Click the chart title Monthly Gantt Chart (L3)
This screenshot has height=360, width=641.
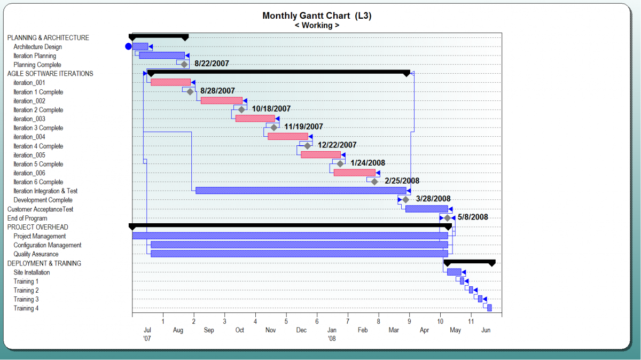[317, 15]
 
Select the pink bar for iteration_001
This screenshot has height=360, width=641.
[170, 82]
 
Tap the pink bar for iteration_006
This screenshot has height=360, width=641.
[354, 173]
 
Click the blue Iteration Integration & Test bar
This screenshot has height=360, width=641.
[301, 191]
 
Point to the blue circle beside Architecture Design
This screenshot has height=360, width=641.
[128, 46]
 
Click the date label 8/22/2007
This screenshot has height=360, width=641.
[212, 64]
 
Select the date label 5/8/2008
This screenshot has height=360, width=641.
[473, 217]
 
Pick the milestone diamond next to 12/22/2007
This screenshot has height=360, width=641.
[308, 145]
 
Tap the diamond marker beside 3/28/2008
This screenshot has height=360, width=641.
[406, 199]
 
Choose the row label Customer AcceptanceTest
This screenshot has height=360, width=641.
[40, 209]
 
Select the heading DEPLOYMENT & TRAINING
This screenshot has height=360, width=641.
[44, 263]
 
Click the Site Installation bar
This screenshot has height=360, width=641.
[454, 272]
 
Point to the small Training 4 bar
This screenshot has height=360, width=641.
[489, 308]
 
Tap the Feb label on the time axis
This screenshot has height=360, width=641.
[363, 331]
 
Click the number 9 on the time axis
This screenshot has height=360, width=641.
[409, 322]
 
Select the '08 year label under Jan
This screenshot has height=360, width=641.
[332, 338]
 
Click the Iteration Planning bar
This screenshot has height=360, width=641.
[162, 55]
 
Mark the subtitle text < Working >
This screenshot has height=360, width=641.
[317, 25]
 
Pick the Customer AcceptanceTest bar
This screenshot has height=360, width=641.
[426, 209]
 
